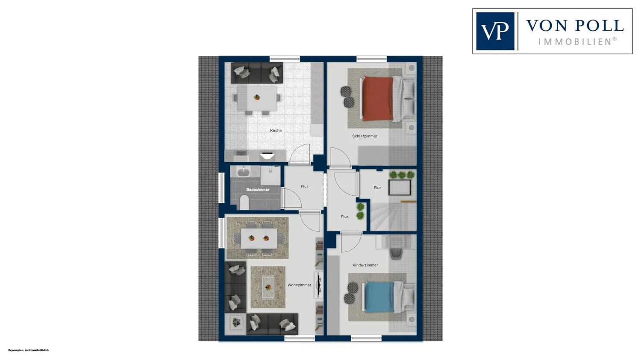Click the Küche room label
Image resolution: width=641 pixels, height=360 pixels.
coord(276,130)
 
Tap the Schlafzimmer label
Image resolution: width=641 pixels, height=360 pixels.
coord(365,136)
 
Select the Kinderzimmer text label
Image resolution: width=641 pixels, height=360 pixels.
coord(365,265)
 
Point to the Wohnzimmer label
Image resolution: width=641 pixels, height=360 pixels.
coord(299,285)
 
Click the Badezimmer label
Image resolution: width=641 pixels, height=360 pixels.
coord(258,190)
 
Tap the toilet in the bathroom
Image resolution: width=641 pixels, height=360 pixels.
coord(244,202)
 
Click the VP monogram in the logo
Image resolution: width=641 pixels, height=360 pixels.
coord(495,31)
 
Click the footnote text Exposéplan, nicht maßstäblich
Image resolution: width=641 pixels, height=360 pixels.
coord(28,350)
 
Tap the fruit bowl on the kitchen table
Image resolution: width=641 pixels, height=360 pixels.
coord(257,97)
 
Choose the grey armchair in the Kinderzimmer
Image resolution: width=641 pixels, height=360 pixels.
coord(396,252)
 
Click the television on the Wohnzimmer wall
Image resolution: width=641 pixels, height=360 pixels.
coord(318,285)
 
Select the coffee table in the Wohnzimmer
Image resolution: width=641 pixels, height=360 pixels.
coord(268,287)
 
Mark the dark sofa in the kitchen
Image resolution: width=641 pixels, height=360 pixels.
coord(257,73)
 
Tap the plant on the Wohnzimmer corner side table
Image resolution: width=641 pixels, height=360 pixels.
coord(236,322)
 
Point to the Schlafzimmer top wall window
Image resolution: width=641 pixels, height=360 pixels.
coord(371,59)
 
